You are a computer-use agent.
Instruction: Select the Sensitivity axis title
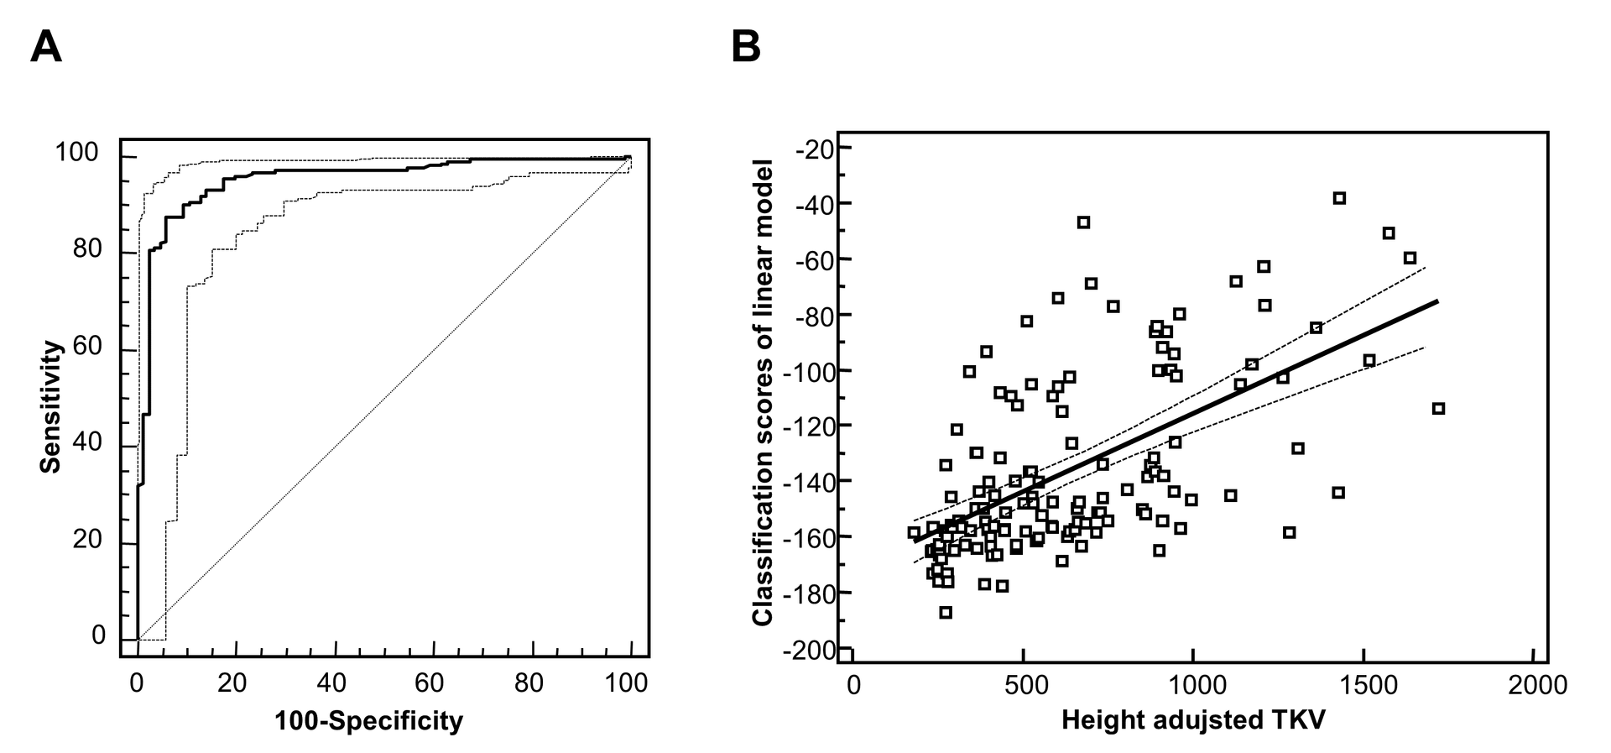coord(51,406)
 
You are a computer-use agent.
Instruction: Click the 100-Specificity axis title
coord(368,720)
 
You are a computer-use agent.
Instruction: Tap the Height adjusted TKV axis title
coord(1193,720)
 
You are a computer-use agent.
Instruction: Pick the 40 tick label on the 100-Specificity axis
coord(332,683)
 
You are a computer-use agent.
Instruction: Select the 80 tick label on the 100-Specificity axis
coord(529,683)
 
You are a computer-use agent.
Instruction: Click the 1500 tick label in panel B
coord(1363,685)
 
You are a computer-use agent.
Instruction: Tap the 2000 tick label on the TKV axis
coord(1534,685)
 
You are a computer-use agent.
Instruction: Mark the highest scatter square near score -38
coord(1339,198)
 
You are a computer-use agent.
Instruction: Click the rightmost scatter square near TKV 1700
coord(1438,409)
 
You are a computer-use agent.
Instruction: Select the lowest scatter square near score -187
coord(946,613)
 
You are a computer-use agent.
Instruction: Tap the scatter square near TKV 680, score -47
coord(1083,222)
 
